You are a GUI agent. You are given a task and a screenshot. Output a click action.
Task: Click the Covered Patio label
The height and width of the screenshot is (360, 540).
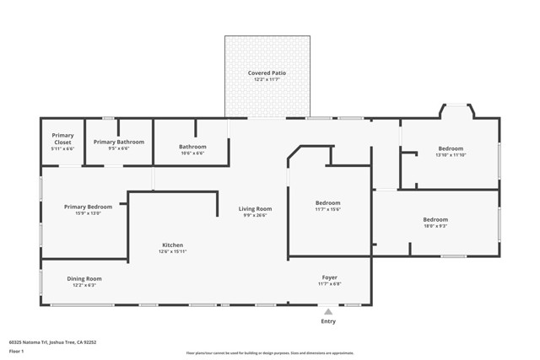tap(267, 73)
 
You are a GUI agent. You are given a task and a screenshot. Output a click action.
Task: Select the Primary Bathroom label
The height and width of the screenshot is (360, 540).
tap(118, 142)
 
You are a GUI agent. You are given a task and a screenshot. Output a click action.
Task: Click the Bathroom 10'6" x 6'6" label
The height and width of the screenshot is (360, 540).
tap(192, 147)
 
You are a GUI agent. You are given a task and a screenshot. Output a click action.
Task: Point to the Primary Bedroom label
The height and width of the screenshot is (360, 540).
tap(89, 207)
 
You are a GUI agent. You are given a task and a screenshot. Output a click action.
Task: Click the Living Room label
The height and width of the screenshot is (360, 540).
tap(255, 208)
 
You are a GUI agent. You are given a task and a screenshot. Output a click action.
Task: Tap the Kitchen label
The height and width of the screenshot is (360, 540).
tap(172, 245)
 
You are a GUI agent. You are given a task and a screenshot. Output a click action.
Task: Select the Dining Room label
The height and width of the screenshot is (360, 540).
tap(84, 278)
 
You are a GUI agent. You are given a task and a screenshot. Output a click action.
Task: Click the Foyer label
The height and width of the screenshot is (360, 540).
tap(329, 277)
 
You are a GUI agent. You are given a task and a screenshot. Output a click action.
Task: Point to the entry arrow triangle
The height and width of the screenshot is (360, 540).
tap(328, 312)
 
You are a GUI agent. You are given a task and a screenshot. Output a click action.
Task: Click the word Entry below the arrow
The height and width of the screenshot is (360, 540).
tap(328, 321)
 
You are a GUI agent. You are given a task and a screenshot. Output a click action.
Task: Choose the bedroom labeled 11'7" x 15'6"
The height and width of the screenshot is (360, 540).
tap(327, 202)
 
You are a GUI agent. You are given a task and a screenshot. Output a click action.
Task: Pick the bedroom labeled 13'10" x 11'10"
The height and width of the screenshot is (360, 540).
tap(450, 148)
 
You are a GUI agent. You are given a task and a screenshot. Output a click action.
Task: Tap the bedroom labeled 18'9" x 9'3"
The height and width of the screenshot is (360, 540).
tap(435, 220)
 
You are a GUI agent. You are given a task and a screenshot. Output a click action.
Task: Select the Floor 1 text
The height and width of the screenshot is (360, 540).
tap(16, 351)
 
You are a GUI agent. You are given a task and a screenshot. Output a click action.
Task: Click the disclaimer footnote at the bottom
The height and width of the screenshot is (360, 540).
tap(269, 353)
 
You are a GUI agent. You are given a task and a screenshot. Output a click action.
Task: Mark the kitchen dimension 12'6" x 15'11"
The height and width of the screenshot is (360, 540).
tap(172, 251)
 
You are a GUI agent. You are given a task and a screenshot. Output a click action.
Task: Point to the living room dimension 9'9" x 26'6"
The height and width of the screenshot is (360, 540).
tap(255, 214)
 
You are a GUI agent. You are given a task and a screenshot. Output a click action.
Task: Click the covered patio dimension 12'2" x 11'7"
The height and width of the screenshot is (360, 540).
tap(267, 79)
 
